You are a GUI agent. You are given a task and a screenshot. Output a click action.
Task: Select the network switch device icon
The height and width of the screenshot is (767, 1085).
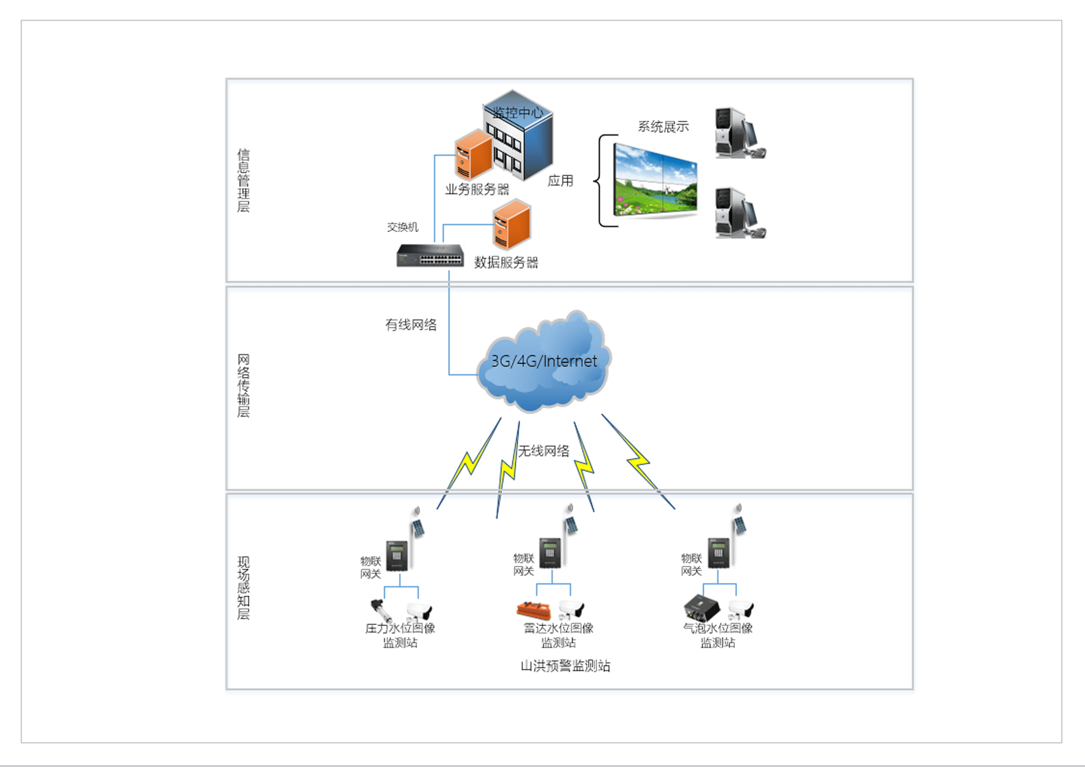click(430, 256)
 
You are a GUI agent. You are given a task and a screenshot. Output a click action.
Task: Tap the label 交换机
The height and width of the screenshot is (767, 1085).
click(402, 227)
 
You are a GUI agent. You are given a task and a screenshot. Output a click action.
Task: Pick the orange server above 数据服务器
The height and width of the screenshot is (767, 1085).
click(512, 225)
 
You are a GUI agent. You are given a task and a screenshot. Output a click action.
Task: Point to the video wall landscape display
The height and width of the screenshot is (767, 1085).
click(656, 180)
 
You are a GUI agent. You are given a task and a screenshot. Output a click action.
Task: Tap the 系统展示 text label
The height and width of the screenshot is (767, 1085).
click(663, 127)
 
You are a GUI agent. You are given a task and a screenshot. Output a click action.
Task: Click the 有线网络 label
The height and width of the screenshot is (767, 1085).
click(411, 325)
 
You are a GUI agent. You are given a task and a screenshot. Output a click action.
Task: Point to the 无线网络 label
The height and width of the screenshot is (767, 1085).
click(544, 451)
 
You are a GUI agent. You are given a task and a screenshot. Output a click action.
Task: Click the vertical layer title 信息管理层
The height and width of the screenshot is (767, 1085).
click(243, 180)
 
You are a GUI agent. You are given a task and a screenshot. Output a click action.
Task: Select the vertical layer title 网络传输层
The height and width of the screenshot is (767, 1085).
click(243, 386)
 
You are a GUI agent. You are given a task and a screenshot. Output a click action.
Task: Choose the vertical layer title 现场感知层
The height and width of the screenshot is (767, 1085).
click(243, 588)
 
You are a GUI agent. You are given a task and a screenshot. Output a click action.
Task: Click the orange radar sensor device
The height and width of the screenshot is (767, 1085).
click(533, 610)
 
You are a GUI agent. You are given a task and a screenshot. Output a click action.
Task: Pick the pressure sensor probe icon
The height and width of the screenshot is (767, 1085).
click(381, 610)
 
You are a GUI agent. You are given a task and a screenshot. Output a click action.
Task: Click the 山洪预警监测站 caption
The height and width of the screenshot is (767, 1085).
click(565, 666)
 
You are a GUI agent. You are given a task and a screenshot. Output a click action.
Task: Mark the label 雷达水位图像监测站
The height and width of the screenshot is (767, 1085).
click(559, 635)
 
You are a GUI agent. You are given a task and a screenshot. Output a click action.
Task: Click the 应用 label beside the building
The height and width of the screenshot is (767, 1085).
click(560, 180)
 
